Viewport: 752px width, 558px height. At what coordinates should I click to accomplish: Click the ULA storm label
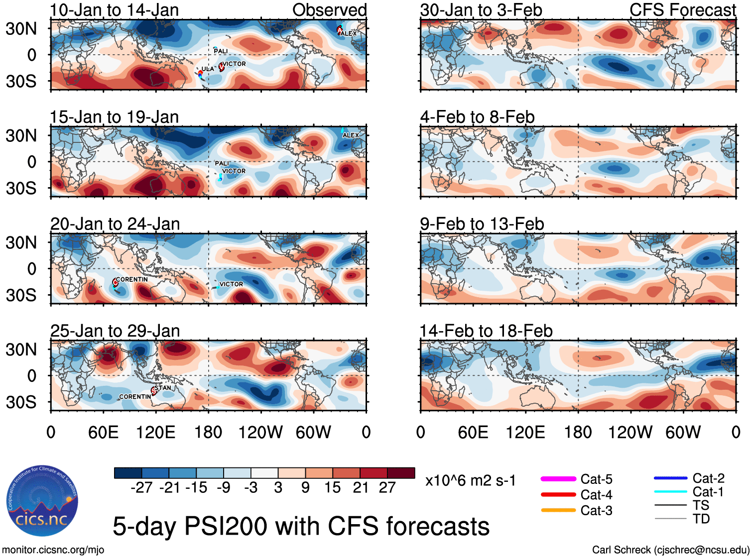tap(208, 69)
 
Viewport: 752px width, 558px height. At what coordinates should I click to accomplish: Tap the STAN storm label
tap(163, 388)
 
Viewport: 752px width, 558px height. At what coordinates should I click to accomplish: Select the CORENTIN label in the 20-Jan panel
tap(132, 279)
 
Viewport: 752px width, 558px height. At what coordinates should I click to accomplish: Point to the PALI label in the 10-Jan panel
tap(221, 51)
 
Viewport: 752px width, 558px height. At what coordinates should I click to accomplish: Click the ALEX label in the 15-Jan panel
tap(351, 135)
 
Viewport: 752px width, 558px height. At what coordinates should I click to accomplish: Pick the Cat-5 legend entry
tap(596, 479)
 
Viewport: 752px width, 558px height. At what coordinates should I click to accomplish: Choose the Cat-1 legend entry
tap(708, 492)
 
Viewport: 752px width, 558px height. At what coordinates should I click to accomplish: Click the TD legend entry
tap(701, 519)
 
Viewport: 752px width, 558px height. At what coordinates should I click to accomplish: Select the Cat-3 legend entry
tap(596, 510)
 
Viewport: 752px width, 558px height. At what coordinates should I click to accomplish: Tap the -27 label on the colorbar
tap(141, 487)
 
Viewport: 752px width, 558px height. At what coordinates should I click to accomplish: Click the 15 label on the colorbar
tap(332, 487)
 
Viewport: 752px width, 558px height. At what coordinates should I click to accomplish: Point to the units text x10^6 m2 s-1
tap(470, 480)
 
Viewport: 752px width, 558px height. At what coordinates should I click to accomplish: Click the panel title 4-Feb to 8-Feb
tap(477, 117)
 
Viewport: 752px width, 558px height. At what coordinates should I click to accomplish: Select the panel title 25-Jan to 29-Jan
tap(115, 331)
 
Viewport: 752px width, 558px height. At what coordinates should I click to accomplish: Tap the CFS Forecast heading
tap(682, 10)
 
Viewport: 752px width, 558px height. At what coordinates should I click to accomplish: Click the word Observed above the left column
tap(329, 10)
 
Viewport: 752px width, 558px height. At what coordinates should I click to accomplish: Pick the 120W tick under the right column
tap(630, 432)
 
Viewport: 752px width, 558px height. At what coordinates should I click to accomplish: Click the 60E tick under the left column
tap(104, 432)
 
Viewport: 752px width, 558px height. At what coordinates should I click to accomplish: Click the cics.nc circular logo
tap(42, 501)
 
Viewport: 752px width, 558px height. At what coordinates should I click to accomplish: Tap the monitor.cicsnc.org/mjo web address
tap(53, 550)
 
